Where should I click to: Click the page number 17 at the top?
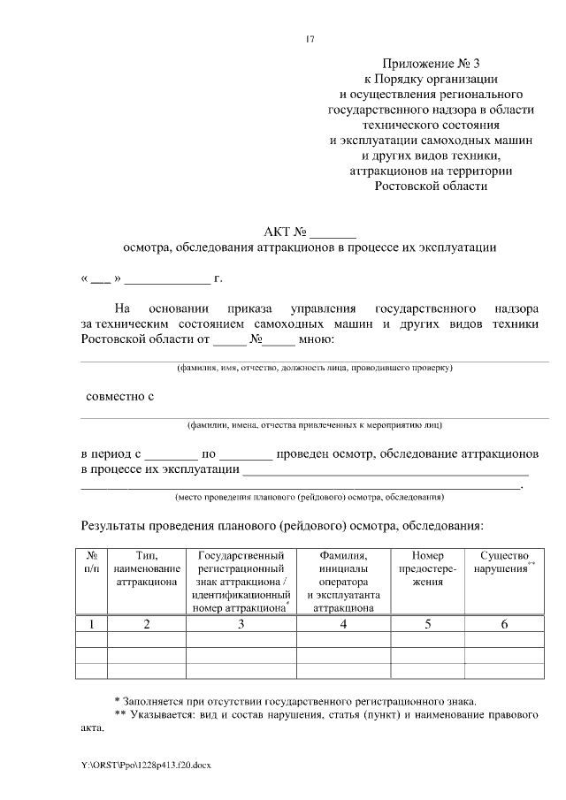pos(310,39)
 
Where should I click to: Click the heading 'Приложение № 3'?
pos(430,64)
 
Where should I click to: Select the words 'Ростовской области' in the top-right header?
pos(430,186)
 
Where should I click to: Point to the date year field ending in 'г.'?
pos(168,278)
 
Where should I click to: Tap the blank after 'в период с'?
pos(172,454)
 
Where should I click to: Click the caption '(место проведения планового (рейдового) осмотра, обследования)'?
pos(310,496)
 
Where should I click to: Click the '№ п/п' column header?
pos(92,563)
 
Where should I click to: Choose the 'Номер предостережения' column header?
pos(429,568)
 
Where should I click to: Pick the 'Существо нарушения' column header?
pos(503,563)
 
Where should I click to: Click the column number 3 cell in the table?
pos(241,624)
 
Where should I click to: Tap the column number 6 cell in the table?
pos(504,624)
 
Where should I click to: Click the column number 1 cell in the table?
pos(92,624)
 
